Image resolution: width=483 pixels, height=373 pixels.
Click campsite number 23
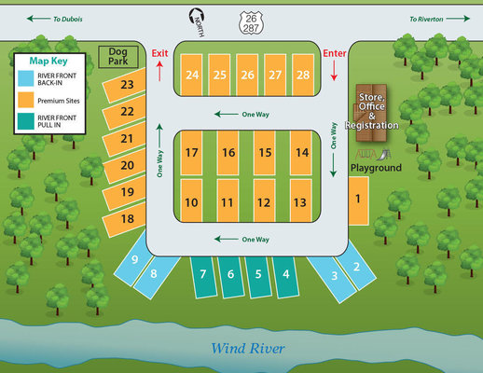point(124,85)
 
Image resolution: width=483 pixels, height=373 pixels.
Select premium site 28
point(303,75)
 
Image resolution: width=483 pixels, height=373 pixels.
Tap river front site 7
point(203,276)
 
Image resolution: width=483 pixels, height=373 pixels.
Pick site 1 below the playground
point(358,200)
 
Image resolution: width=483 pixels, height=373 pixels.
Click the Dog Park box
point(118,57)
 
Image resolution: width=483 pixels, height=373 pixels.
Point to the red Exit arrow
point(159,71)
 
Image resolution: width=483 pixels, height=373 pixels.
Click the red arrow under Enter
point(334,71)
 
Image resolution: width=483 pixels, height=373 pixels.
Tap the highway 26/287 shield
point(251,23)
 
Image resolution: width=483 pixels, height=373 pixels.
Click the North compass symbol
point(197,22)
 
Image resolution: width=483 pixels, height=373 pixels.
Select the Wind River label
point(248,349)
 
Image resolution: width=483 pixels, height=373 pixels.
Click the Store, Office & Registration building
point(371,113)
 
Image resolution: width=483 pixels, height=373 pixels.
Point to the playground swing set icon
point(366,155)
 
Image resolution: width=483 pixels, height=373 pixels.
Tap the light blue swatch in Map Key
point(26,78)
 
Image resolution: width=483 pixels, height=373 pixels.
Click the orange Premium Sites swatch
point(26,100)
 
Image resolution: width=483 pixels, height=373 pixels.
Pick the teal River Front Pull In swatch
point(26,121)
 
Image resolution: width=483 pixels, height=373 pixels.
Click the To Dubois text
point(68,20)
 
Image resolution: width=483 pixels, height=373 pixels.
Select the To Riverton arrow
point(458,19)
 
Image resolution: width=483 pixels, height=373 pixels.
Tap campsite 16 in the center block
point(228,153)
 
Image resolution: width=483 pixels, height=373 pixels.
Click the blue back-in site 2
point(356,265)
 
